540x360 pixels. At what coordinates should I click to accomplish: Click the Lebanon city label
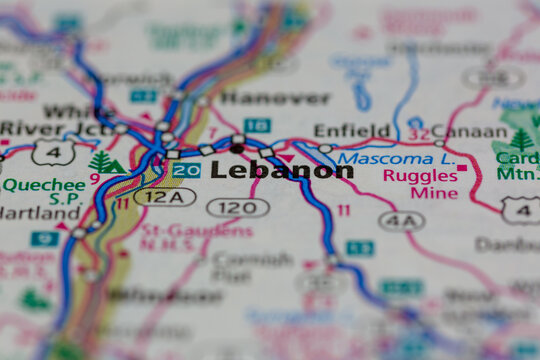pos(282,171)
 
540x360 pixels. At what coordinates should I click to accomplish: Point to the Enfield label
pos(352,130)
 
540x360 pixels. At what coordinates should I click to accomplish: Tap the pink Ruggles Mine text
pos(420,184)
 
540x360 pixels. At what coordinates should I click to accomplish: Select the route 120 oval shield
pos(238,207)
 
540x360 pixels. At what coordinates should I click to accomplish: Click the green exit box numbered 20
pos(186,171)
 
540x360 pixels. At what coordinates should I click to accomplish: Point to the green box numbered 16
pos(258,125)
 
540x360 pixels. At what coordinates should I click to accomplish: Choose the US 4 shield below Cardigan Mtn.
pos(521,208)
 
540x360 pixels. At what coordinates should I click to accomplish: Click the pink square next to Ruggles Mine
pos(462,167)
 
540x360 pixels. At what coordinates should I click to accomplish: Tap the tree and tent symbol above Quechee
pos(105,162)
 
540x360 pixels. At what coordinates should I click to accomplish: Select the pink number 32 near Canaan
pos(418,131)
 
